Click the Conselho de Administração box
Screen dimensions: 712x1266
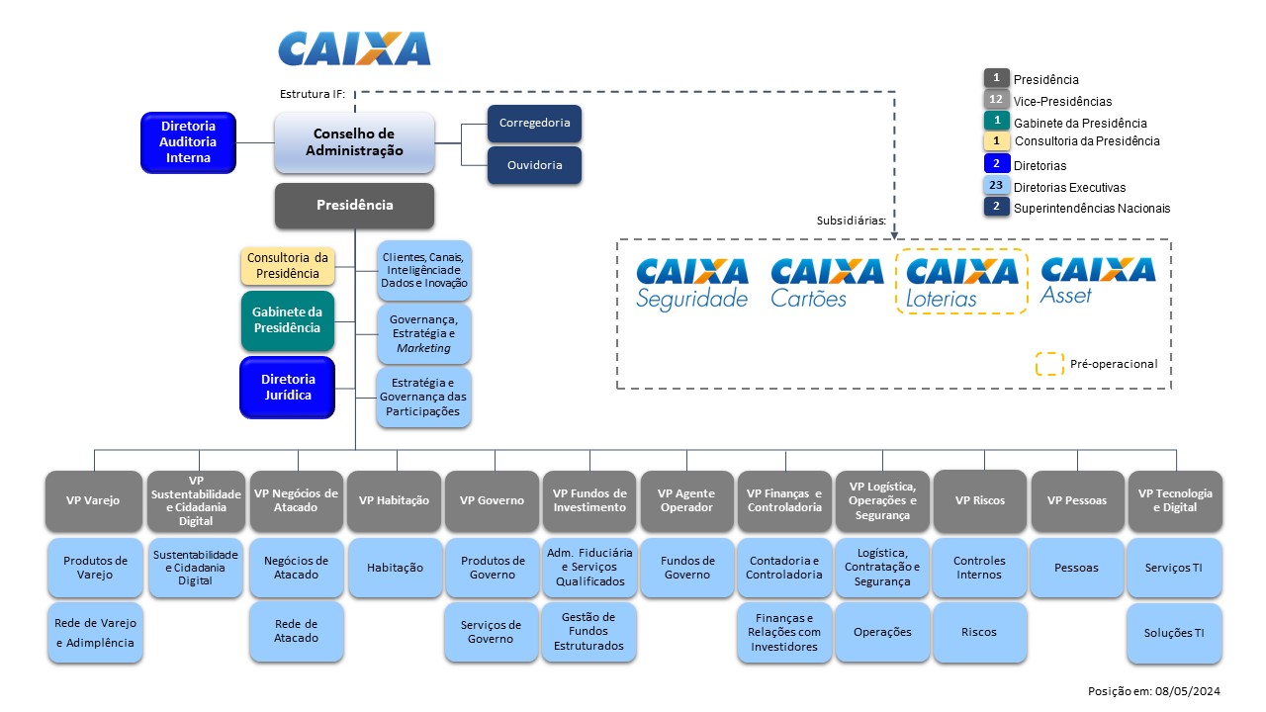354,142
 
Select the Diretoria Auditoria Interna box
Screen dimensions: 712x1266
188,142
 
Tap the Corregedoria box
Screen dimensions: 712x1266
534,124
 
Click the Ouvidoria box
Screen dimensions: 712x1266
534,165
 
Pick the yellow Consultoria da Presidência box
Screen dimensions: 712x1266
288,266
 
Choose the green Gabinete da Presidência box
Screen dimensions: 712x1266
288,320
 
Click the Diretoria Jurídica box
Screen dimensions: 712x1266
288,387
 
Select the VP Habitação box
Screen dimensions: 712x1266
395,500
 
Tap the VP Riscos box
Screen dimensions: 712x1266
979,500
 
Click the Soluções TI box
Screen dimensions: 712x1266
1174,633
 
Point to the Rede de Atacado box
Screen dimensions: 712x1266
297,632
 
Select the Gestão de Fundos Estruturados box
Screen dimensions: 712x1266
588,632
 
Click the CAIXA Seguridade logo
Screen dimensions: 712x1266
692,283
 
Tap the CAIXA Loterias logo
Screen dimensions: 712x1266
961,283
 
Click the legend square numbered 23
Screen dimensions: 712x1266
996,186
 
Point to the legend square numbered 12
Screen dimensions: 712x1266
996,100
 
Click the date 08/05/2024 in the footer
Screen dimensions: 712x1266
1190,691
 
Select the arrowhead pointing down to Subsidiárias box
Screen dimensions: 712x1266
894,233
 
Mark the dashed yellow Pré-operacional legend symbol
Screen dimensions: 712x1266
1048,364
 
